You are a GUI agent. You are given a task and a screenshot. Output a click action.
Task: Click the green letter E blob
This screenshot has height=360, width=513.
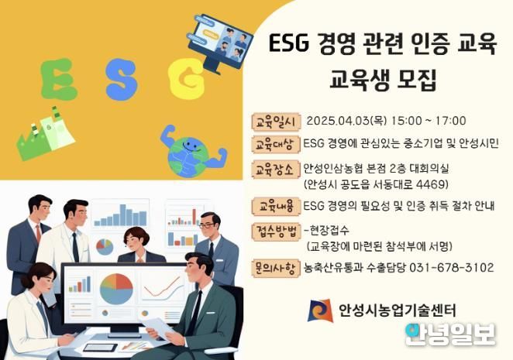coord(58,79)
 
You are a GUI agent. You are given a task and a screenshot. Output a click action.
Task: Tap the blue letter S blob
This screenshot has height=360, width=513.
coord(122,80)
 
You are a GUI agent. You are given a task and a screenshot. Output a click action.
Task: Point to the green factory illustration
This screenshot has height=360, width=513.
coord(45,133)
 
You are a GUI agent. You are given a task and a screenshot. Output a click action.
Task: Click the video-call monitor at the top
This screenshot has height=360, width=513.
coord(220,43)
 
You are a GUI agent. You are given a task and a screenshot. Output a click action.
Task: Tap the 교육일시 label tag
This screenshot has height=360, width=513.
coord(276,122)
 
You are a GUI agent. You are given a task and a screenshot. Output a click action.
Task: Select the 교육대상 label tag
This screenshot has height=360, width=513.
coord(276,144)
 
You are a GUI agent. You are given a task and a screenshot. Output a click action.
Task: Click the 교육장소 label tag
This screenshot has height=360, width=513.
coord(276,170)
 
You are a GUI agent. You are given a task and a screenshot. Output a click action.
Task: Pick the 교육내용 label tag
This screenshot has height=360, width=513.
coord(276,207)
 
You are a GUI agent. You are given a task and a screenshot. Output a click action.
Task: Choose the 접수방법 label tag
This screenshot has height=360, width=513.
coord(276,231)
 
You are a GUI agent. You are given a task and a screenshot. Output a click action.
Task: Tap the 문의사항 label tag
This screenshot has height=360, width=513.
coord(276,268)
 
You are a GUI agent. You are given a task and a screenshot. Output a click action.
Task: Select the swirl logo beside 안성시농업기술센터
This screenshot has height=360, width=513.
coord(320,310)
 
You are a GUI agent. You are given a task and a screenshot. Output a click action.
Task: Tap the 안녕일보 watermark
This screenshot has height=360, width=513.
coord(450,334)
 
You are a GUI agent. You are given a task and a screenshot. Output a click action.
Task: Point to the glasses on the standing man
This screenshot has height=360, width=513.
coord(207,225)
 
